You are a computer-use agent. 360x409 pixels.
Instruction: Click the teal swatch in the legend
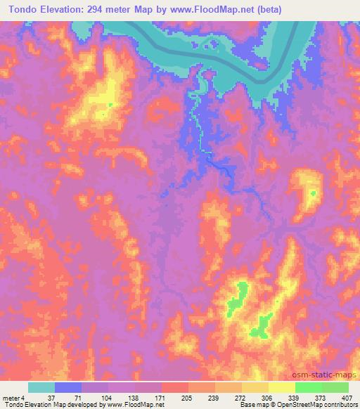(41, 387)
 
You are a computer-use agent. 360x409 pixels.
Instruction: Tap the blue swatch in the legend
(68, 387)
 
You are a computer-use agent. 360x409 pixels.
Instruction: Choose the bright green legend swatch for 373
(309, 387)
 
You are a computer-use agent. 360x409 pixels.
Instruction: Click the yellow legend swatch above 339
(282, 387)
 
